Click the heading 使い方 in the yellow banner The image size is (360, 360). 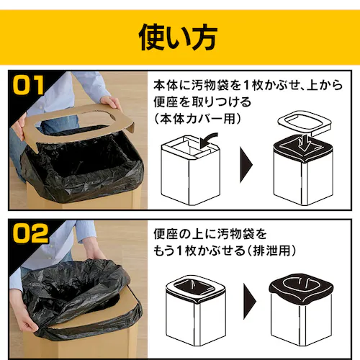179,35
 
